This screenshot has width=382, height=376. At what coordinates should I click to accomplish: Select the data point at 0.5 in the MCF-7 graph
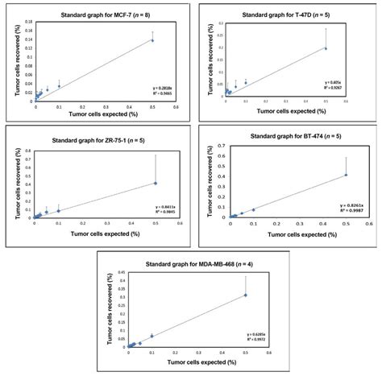[x=152, y=40]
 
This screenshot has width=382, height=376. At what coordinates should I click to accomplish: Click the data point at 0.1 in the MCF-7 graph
[x=59, y=86]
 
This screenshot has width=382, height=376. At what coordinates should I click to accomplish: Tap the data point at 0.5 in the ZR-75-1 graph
[x=156, y=183]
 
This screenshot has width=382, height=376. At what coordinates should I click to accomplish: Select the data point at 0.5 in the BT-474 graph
[x=346, y=175]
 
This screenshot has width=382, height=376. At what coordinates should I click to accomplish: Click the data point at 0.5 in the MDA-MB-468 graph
[x=246, y=295]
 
